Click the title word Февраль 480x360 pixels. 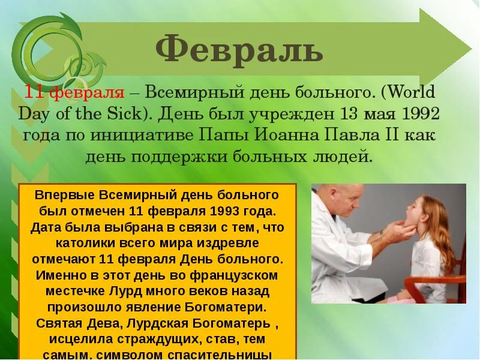[x=239, y=50]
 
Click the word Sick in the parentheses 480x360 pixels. [x=127, y=114]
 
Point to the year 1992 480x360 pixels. [x=414, y=114]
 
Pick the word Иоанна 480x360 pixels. [x=267, y=134]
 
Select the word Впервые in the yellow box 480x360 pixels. [x=63, y=196]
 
